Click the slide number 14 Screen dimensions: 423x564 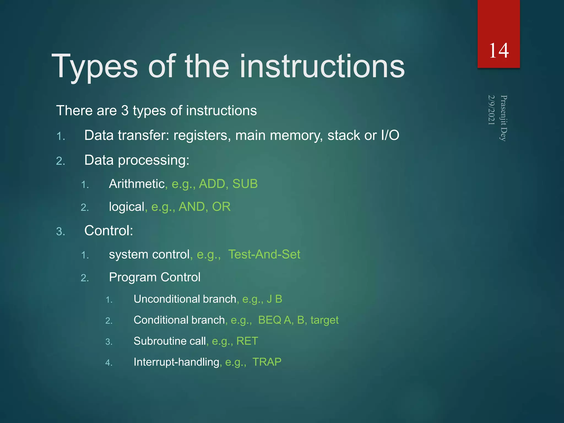(499, 51)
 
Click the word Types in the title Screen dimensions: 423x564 (94, 67)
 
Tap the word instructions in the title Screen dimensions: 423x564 (322, 67)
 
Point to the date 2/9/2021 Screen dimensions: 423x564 (492, 110)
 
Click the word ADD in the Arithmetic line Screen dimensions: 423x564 (212, 184)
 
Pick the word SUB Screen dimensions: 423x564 (245, 184)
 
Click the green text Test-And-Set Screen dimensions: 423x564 (264, 254)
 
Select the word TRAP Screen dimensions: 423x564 (267, 362)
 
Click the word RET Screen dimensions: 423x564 (247, 341)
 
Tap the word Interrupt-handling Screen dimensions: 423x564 (176, 362)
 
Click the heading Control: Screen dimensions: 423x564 (109, 231)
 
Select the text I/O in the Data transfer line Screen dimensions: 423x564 (390, 135)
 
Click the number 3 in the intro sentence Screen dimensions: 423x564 (125, 111)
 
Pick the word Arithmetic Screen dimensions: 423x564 (137, 184)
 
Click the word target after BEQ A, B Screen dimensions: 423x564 (324, 320)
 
